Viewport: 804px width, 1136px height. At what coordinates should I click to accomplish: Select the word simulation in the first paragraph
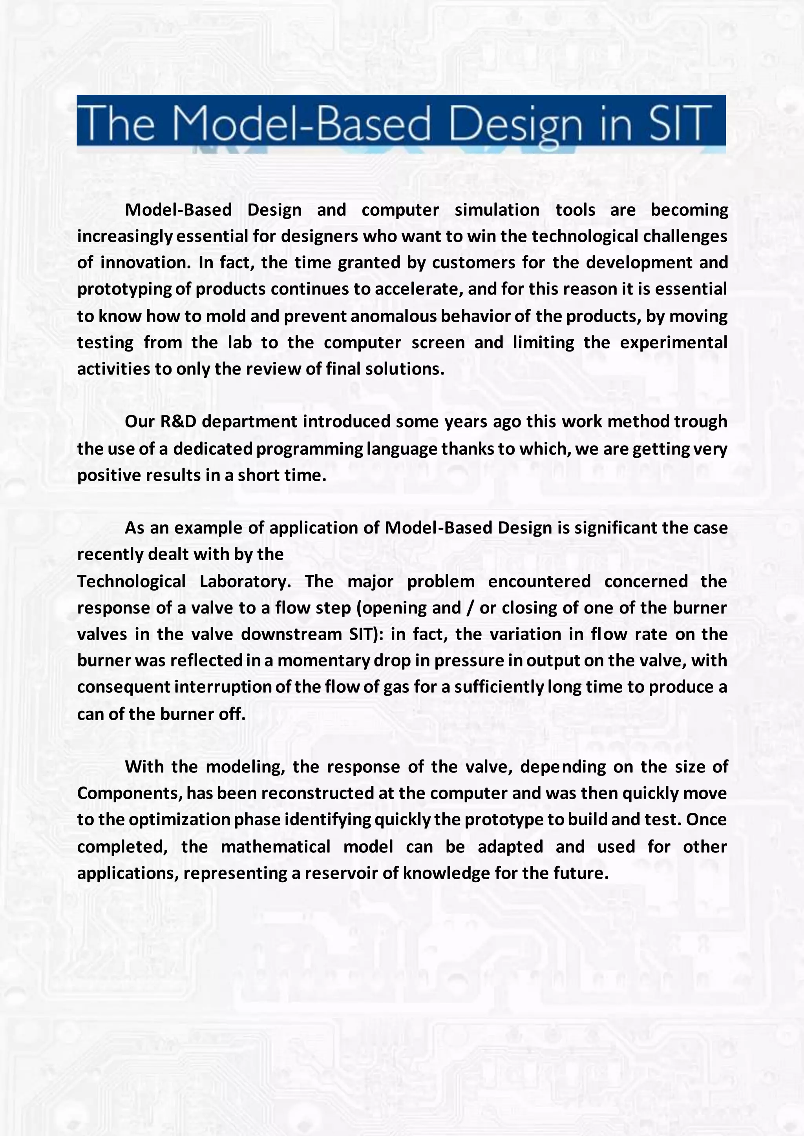click(497, 210)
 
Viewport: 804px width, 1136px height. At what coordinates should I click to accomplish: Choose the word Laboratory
click(245, 581)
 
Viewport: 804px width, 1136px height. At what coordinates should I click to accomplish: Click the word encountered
click(539, 581)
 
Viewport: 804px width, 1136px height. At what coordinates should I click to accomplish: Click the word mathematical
click(275, 847)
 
